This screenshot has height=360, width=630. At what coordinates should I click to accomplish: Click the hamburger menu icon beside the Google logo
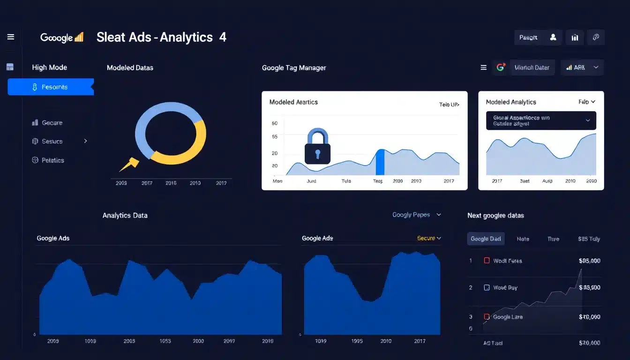point(11,37)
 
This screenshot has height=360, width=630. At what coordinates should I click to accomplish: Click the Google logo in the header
point(61,37)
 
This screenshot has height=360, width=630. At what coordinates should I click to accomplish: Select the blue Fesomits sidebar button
point(51,87)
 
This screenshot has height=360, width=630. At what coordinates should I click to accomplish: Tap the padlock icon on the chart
point(317,147)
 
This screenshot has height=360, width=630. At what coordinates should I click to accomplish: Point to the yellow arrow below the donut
point(129,165)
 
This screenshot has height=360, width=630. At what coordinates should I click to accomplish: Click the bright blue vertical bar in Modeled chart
point(380,162)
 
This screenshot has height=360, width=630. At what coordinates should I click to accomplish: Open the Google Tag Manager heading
point(294,67)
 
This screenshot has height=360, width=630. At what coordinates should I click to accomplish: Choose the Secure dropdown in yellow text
point(429,238)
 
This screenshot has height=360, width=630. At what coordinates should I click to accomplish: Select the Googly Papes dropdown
point(416,215)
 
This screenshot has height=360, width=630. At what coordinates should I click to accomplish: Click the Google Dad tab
point(486,239)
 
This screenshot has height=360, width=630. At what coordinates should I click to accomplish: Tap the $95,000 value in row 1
point(589,261)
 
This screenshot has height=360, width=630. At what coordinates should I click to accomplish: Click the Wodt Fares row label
point(507,261)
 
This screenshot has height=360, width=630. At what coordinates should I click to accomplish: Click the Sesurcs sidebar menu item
point(52,141)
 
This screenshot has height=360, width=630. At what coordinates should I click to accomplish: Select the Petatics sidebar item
point(52,160)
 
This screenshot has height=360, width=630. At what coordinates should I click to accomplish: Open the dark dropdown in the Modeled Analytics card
point(541,120)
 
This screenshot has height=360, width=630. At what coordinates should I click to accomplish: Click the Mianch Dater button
point(532,67)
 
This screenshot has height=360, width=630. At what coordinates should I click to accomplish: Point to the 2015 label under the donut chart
point(171,183)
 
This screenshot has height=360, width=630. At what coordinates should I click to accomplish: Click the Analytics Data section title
point(125,216)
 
